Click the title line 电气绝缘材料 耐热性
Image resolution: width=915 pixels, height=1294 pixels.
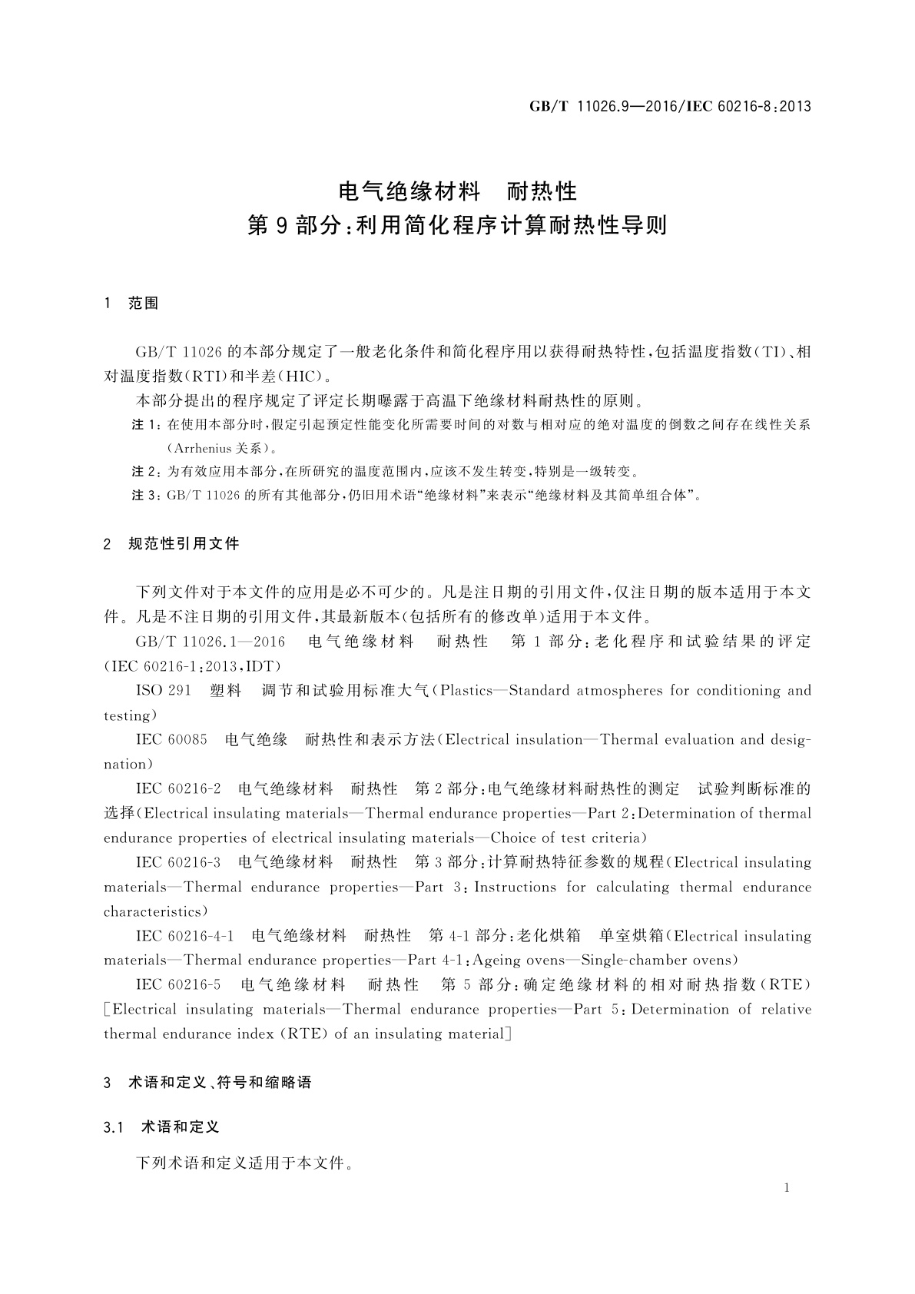click(457, 190)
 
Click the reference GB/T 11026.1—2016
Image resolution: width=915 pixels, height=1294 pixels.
click(210, 642)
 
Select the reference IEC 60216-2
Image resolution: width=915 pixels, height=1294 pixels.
click(178, 788)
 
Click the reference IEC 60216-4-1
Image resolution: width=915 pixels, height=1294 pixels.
click(184, 936)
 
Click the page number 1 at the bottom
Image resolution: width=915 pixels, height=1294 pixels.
click(787, 1188)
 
